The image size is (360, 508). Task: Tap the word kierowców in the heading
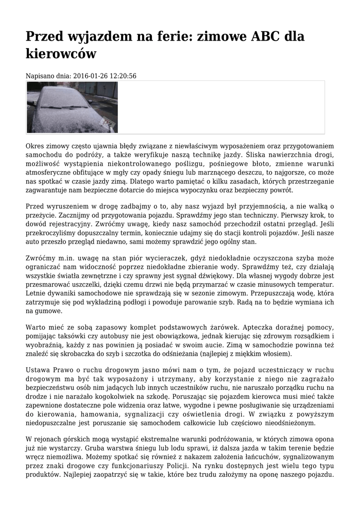[61, 53]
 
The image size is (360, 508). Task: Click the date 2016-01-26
[90, 76]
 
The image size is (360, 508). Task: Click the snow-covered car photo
[72, 107]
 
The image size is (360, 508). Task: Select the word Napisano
[39, 76]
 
